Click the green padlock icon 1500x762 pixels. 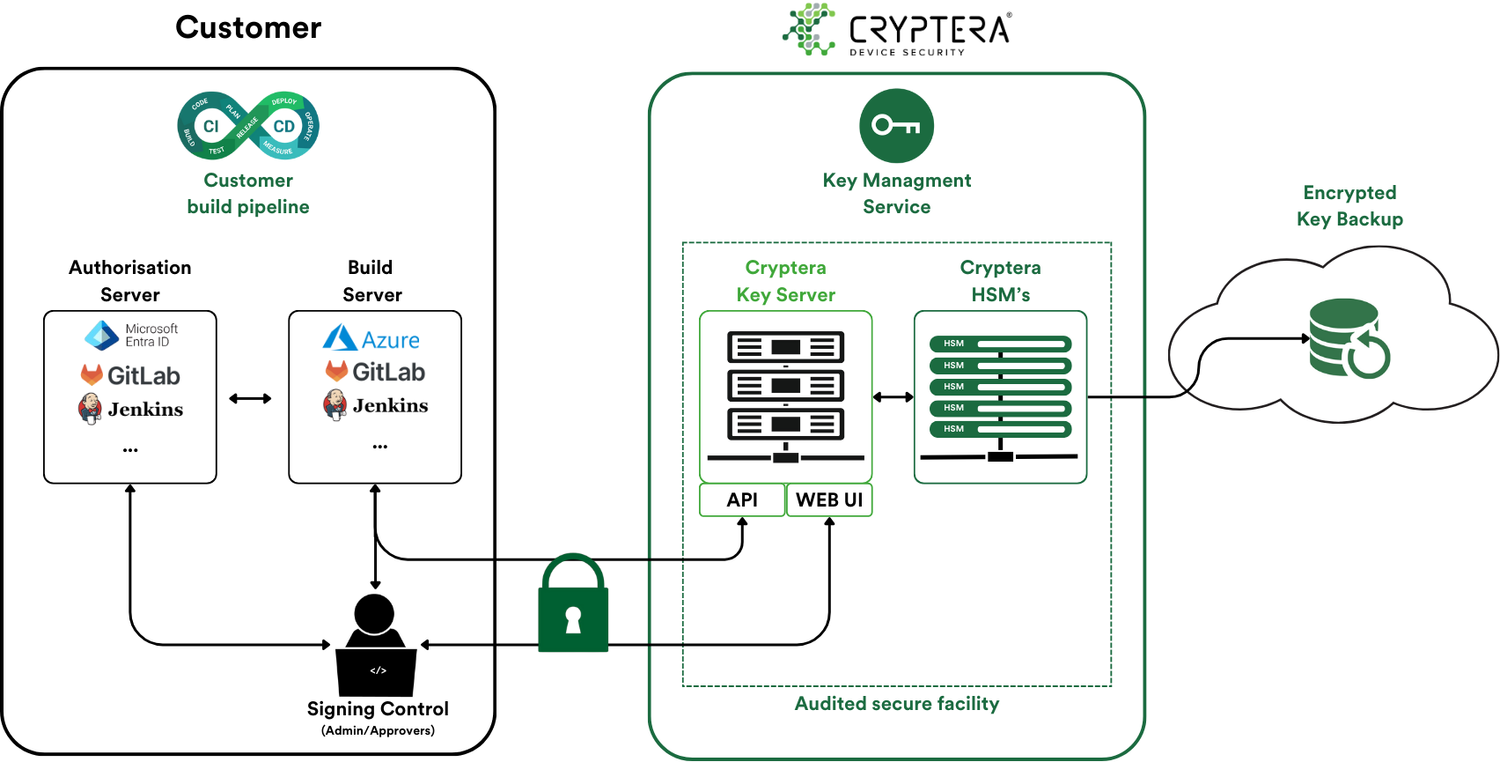pyautogui.click(x=573, y=605)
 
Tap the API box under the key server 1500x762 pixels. pyautogui.click(x=741, y=499)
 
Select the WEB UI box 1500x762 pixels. pyautogui.click(x=828, y=499)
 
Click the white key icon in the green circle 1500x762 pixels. pyautogui.click(x=896, y=126)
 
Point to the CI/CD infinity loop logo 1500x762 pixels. pyautogui.click(x=248, y=126)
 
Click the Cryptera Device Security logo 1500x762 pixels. pyautogui.click(x=897, y=30)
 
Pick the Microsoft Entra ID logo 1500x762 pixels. pyautogui.click(x=131, y=336)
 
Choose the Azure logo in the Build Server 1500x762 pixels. pyautogui.click(x=371, y=339)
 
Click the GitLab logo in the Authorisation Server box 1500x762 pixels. pyautogui.click(x=131, y=375)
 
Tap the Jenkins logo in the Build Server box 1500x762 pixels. pyautogui.click(x=376, y=405)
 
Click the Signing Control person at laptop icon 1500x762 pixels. pyautogui.click(x=376, y=646)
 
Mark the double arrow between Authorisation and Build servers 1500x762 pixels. pyautogui.click(x=250, y=398)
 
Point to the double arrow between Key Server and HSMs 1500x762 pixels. pyautogui.click(x=893, y=397)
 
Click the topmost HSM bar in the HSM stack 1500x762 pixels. pyautogui.click(x=1000, y=344)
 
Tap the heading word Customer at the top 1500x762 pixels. pyautogui.click(x=248, y=27)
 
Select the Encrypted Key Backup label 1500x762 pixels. pyautogui.click(x=1349, y=206)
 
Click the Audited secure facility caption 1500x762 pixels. pyautogui.click(x=896, y=704)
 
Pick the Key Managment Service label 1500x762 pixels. pyautogui.click(x=896, y=194)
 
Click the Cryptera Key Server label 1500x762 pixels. pyautogui.click(x=785, y=281)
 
